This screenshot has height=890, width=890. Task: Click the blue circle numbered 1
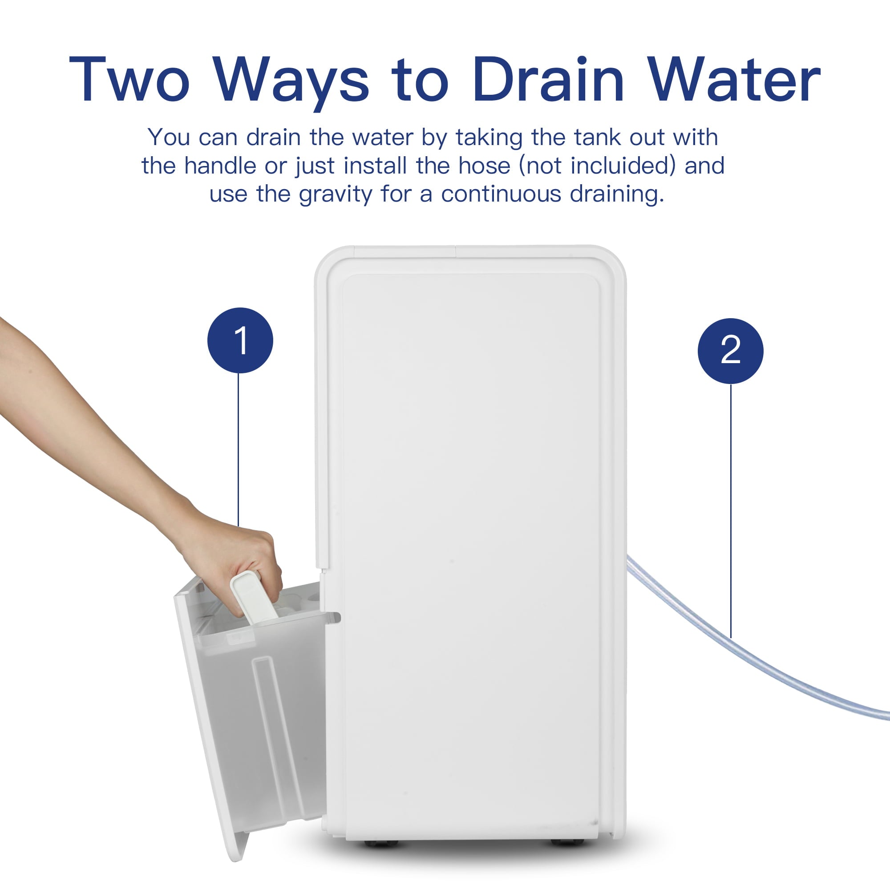coord(240,340)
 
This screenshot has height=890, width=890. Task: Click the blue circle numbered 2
coord(731,351)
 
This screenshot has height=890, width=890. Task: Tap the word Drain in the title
coord(548,79)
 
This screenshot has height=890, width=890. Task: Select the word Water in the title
coord(735,79)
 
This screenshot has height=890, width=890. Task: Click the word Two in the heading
coord(129,79)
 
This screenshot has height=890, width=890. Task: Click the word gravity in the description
coord(335,194)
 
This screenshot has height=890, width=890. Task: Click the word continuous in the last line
coord(501,194)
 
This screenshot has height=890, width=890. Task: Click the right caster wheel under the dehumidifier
coord(567,842)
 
